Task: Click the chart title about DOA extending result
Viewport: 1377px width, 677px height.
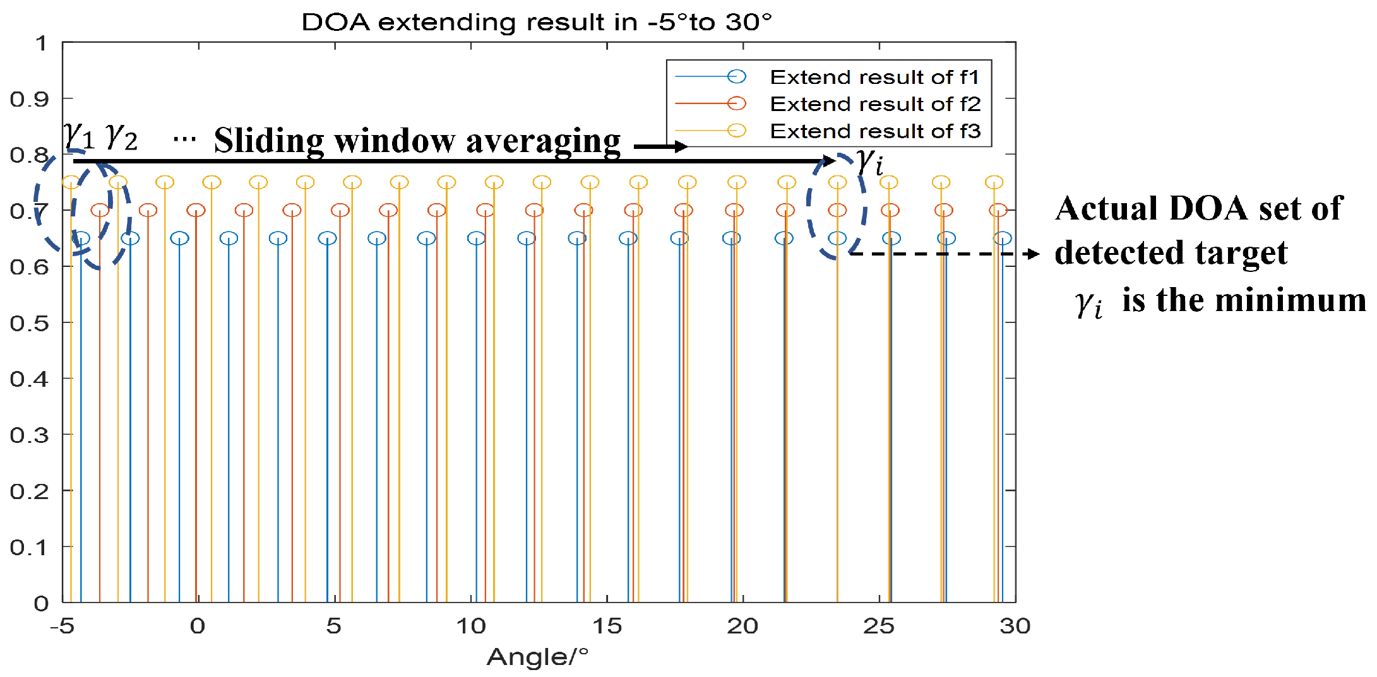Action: (x=537, y=22)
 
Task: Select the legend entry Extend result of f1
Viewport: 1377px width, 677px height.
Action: (x=874, y=77)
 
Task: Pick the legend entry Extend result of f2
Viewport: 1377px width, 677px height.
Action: (x=874, y=104)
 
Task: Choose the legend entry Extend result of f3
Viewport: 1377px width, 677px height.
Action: (x=874, y=131)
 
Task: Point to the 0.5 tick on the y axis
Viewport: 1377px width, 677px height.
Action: (x=29, y=323)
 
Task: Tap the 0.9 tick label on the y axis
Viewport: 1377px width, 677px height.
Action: (x=29, y=99)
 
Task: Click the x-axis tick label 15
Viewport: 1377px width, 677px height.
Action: (x=607, y=626)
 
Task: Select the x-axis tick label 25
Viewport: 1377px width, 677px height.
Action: (x=879, y=626)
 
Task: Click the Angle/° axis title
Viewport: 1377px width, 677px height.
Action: (x=537, y=657)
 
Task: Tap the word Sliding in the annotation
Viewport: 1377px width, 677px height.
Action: (x=269, y=141)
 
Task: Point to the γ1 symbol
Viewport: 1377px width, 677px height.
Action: (x=78, y=136)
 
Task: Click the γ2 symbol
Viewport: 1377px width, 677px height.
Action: (x=121, y=137)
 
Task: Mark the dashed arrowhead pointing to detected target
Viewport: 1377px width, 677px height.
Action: (x=1033, y=254)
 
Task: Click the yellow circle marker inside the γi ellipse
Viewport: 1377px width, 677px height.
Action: (x=837, y=183)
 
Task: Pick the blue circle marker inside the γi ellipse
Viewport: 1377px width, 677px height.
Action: (x=837, y=238)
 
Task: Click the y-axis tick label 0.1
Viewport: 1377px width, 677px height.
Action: (x=29, y=547)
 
